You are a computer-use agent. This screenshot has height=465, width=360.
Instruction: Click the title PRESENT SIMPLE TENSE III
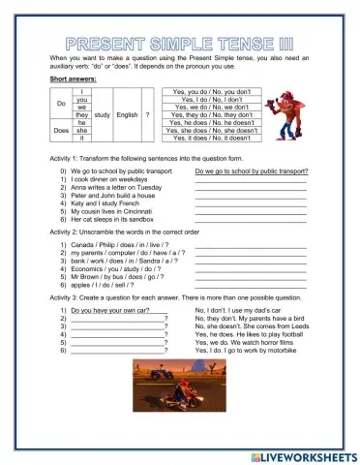(x=180, y=45)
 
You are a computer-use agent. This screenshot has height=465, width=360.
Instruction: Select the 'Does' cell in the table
(x=61, y=128)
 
